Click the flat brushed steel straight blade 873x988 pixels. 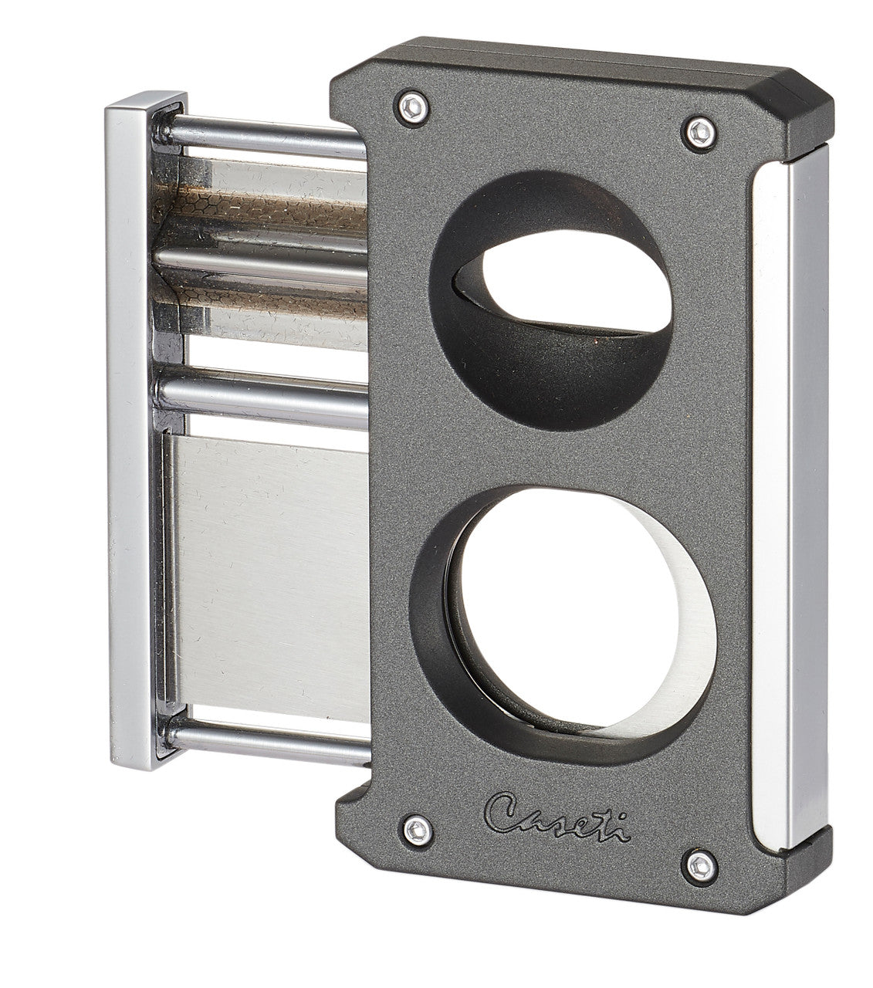coord(270,563)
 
